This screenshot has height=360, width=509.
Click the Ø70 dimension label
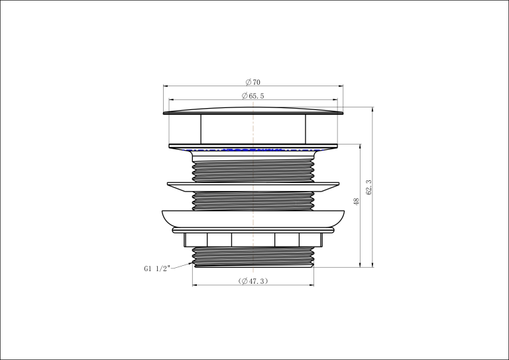(x=253, y=82)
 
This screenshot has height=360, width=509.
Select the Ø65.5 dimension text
(x=253, y=95)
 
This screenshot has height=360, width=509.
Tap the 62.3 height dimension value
(x=368, y=188)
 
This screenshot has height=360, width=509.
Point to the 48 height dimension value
(x=357, y=202)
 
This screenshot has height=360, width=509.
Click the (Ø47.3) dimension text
(x=253, y=281)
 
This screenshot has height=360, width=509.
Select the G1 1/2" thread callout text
(x=157, y=269)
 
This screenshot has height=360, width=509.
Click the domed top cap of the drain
(x=253, y=111)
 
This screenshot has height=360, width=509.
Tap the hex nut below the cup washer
(x=253, y=239)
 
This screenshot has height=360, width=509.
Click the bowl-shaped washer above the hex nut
(x=253, y=219)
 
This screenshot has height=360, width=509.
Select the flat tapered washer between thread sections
(x=253, y=187)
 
